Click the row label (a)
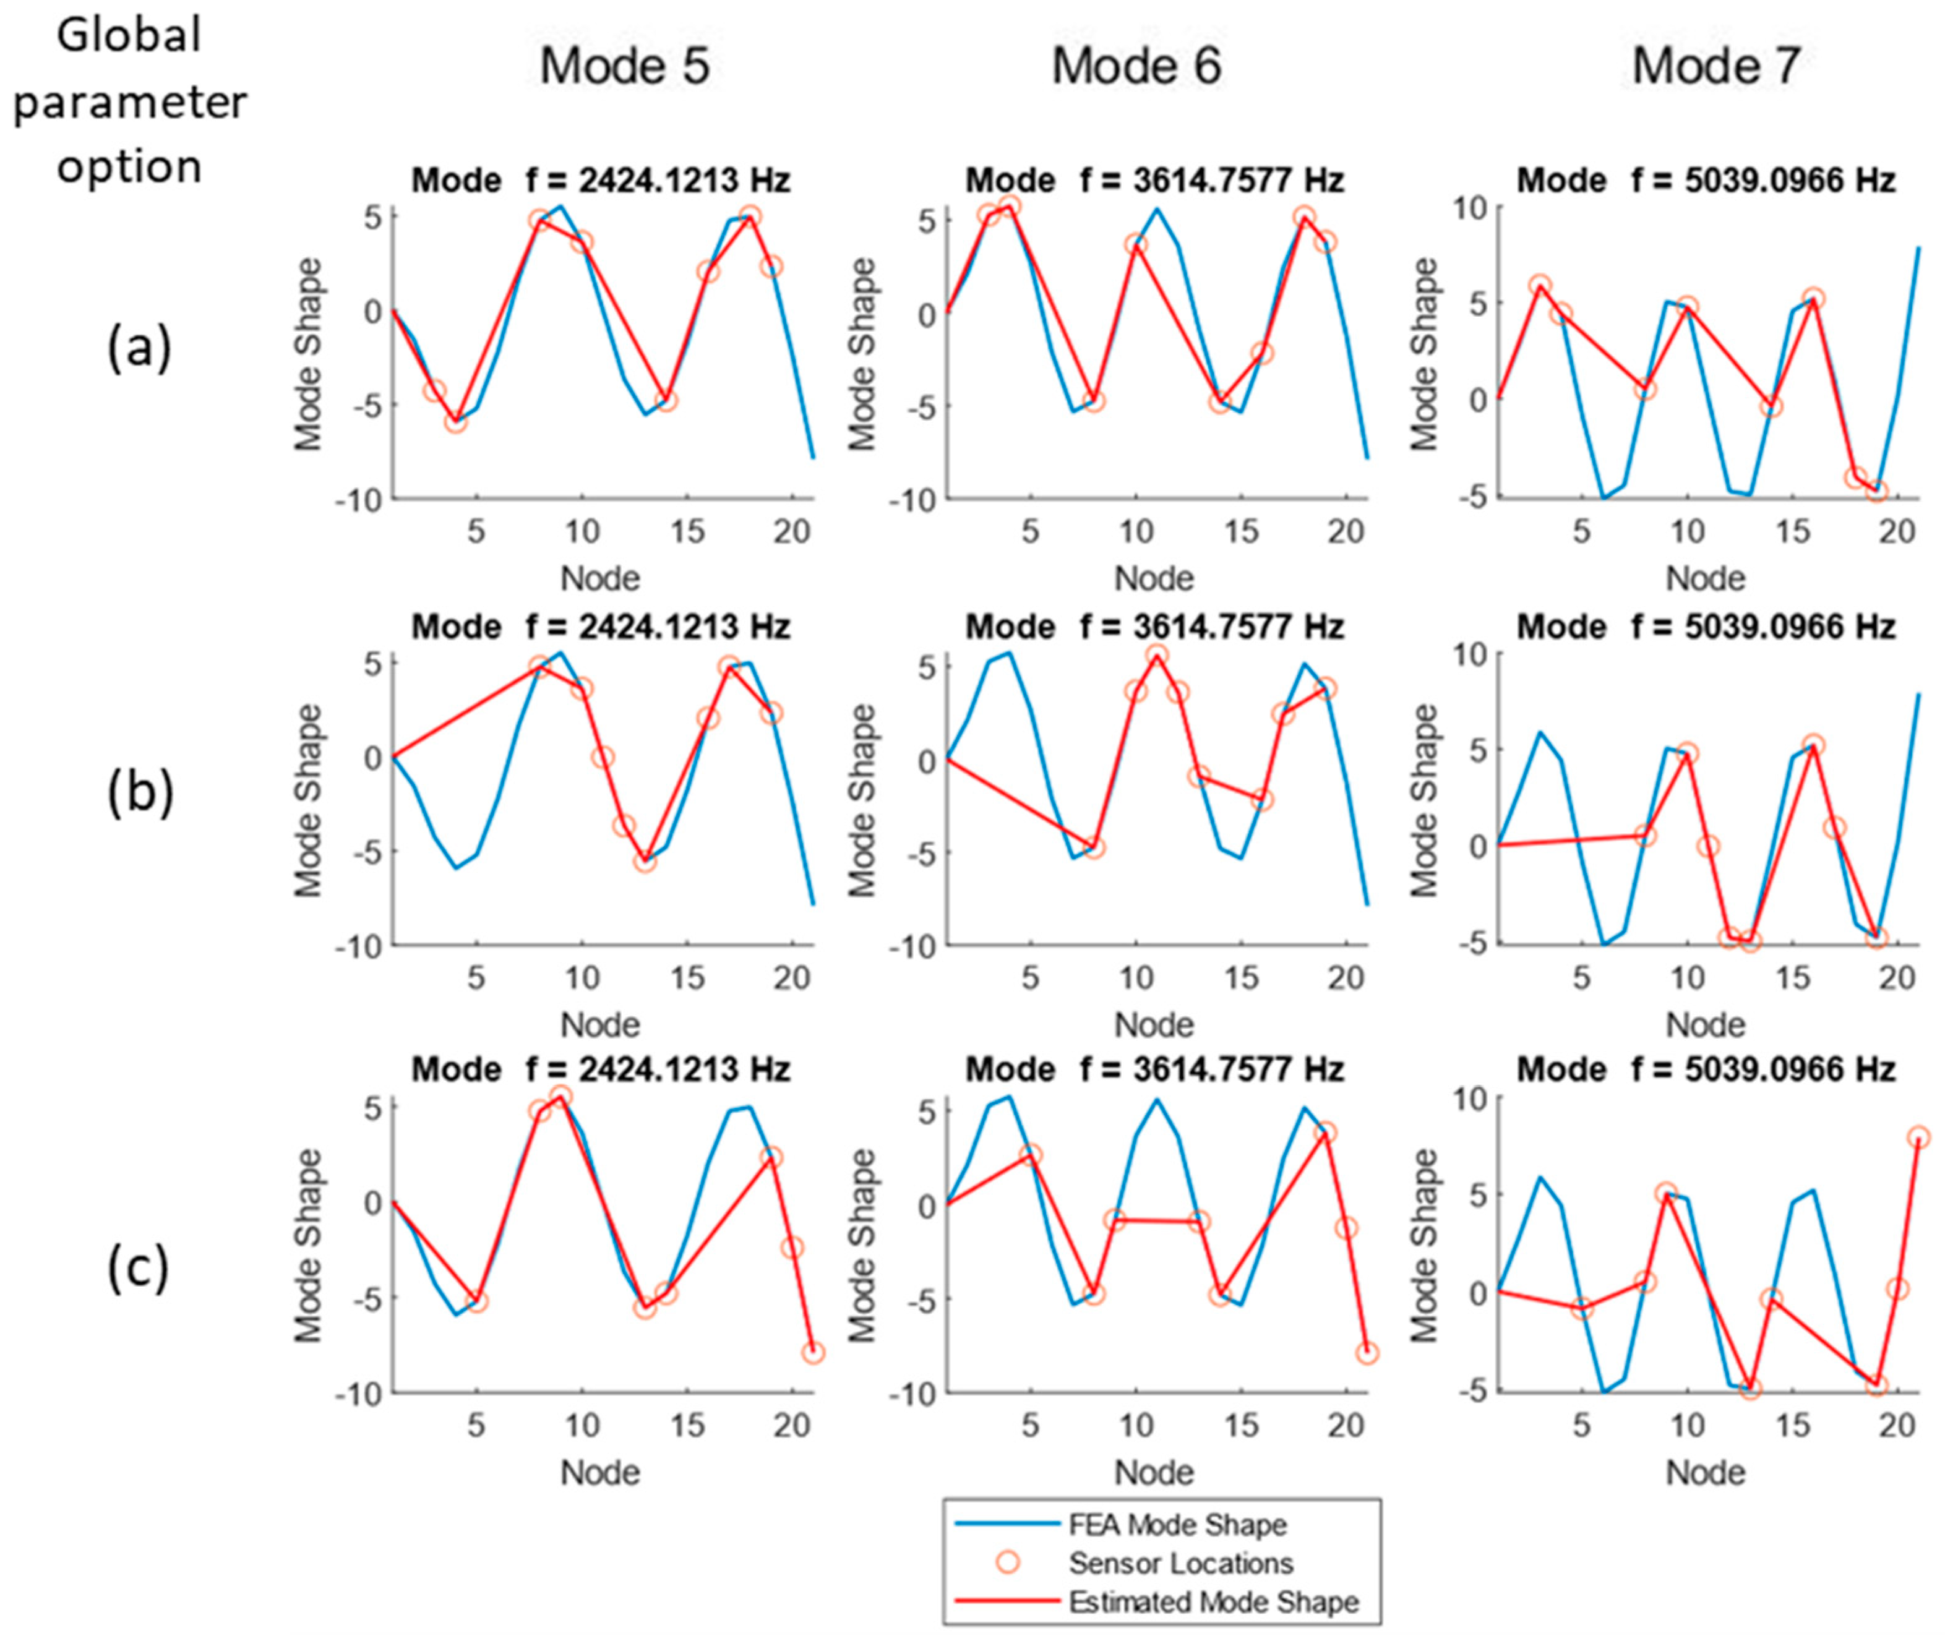(140, 351)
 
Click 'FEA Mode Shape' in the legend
(1177, 1525)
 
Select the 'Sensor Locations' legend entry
(1180, 1563)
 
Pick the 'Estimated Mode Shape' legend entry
(1213, 1602)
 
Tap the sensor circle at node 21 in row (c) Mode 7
(1918, 1137)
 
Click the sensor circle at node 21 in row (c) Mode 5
(813, 1353)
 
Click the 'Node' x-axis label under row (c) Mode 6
(1153, 1472)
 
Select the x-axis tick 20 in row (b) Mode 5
(792, 978)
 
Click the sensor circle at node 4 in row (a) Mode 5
(455, 422)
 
